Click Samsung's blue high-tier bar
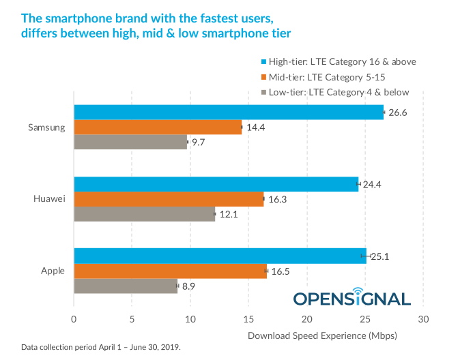pos(229,112)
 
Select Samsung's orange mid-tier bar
pos(158,127)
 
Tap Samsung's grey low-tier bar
pos(130,142)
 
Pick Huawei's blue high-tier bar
pos(216,183)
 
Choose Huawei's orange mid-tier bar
pos(169,198)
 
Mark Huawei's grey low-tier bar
pos(144,213)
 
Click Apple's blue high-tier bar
pos(220,256)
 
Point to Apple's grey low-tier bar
pos(126,286)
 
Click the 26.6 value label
pos(399,112)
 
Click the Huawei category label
pos(49,198)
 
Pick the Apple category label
pos(53,271)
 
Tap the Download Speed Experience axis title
pos(322,335)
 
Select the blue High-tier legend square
pos(264,62)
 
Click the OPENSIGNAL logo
pos(352,297)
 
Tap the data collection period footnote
pos(100,347)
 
